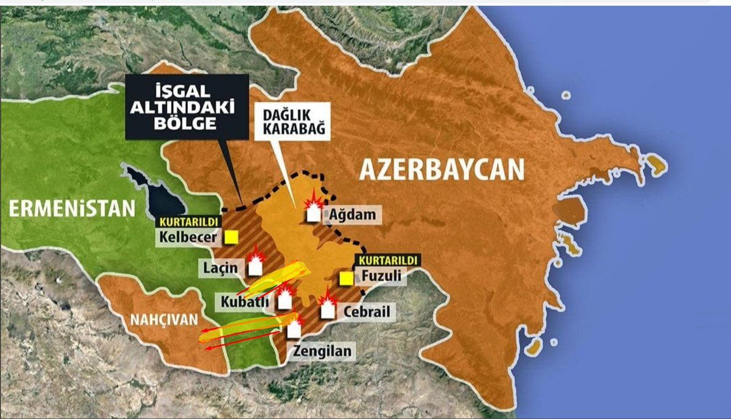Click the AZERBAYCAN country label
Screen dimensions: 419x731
[442, 169]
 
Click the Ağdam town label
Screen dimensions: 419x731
[351, 215]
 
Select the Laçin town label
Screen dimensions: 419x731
[221, 268]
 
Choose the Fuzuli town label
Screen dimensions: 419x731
[381, 277]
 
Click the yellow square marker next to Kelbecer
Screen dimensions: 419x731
[231, 237]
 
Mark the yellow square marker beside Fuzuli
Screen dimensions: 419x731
[346, 278]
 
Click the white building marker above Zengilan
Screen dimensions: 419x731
[294, 329]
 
